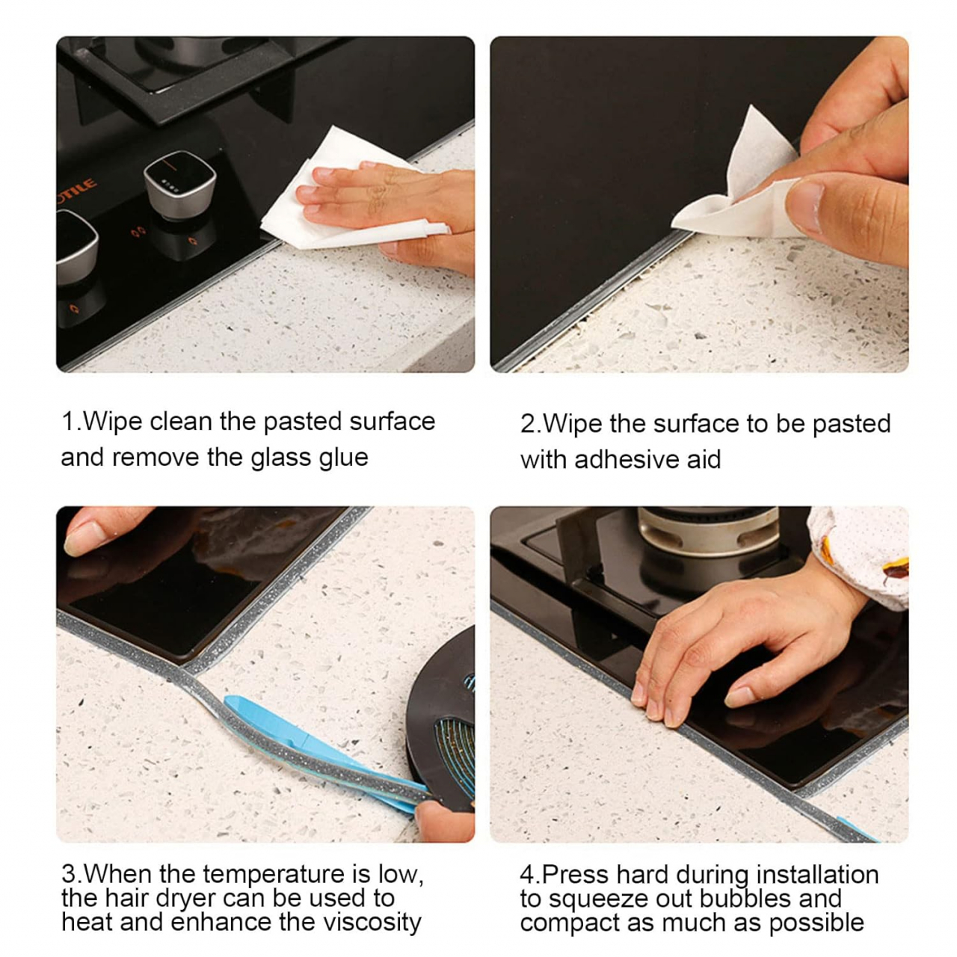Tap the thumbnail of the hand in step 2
[x=805, y=206]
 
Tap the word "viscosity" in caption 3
[x=372, y=923]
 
